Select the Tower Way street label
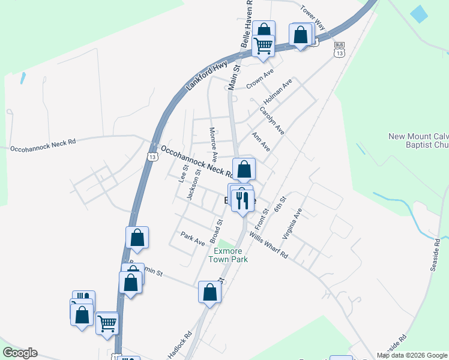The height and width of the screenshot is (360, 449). [x=312, y=18]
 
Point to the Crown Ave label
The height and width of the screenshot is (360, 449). [x=260, y=78]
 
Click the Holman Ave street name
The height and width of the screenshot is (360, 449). [x=279, y=90]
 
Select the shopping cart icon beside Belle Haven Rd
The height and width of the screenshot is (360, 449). [x=264, y=45]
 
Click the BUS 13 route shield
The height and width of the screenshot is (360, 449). [x=340, y=51]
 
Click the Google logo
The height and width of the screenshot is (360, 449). [x=20, y=353]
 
